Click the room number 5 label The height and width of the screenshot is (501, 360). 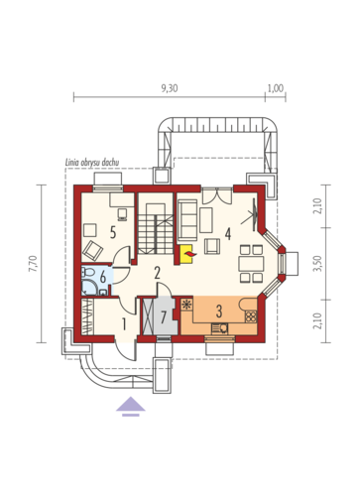coord(113,233)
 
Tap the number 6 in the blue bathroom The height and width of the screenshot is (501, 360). coord(103,277)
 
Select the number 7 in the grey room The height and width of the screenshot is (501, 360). coord(163,317)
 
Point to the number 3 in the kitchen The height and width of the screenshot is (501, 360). coord(219,311)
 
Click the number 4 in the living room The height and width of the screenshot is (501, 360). coord(228,234)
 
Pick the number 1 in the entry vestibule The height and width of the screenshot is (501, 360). coord(124,324)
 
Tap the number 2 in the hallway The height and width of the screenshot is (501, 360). coord(157,273)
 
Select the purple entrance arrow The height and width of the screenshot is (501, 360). coord(131,407)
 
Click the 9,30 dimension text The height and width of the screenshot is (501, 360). coord(170,88)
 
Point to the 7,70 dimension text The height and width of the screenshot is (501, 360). coord(33,264)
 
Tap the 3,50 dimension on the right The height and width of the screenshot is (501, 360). coord(317,264)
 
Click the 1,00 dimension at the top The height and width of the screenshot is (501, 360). coord(276,88)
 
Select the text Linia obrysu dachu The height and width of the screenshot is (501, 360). coord(91,163)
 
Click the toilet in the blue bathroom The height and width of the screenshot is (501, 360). coord(87,272)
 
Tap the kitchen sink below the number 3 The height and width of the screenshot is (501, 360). coord(219,328)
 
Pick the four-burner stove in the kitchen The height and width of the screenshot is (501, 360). coord(251,316)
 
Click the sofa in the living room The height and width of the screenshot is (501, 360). coord(187,220)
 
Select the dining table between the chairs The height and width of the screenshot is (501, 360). coord(252,264)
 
